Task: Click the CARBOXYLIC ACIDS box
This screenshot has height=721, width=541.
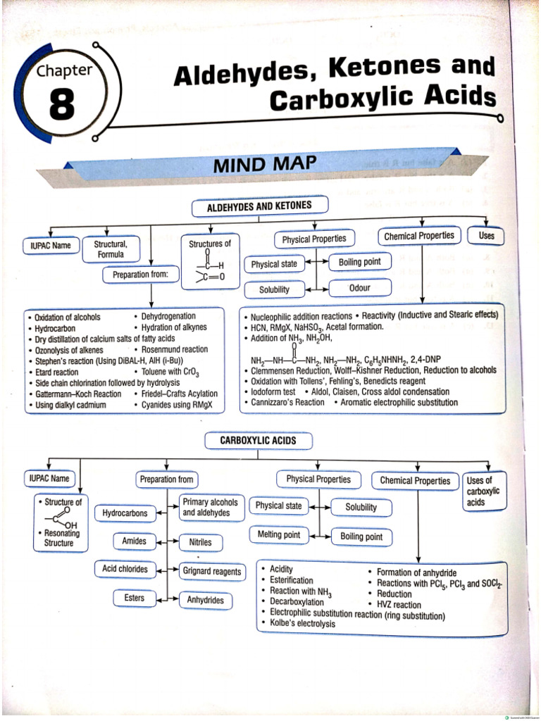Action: tap(258, 441)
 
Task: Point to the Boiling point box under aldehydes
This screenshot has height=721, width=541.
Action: tap(359, 262)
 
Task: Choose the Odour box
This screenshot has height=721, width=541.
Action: tap(359, 288)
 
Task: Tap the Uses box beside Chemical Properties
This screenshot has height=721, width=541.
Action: tap(486, 236)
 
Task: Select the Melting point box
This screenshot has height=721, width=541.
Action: tap(279, 534)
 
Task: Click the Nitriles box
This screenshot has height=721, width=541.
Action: tap(200, 543)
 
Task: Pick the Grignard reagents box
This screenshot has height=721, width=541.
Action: tap(212, 572)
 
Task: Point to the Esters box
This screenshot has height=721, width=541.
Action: tap(134, 598)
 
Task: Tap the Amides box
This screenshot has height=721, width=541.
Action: tap(134, 541)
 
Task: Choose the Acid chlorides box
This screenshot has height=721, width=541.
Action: tap(125, 569)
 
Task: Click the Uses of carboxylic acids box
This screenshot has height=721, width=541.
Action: tap(483, 491)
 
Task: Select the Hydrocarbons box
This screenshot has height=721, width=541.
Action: tap(125, 513)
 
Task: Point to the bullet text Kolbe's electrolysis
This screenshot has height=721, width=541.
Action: tap(303, 624)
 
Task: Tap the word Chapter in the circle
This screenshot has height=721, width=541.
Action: tap(64, 70)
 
